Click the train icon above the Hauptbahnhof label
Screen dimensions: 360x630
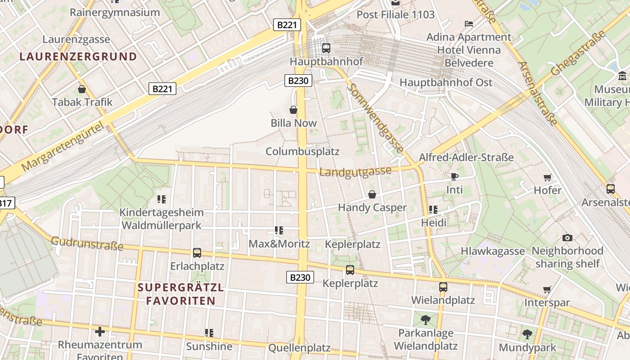click(x=326, y=48)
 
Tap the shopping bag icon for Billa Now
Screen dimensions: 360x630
click(x=293, y=110)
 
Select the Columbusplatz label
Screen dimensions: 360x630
click(x=302, y=151)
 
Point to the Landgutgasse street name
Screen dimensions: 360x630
click(x=355, y=171)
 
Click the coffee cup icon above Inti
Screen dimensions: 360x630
click(x=454, y=176)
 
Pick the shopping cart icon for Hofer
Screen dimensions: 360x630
click(x=548, y=177)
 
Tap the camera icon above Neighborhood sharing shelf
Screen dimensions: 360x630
click(x=567, y=238)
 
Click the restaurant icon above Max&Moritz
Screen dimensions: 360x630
click(x=279, y=231)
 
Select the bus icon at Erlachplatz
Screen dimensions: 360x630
click(x=197, y=253)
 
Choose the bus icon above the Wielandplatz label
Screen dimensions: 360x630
click(x=443, y=287)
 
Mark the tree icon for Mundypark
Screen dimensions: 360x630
click(x=527, y=334)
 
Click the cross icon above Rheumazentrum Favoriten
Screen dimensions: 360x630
click(x=100, y=332)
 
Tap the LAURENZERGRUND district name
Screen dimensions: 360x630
click(x=78, y=57)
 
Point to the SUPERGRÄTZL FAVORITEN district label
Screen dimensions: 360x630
click(x=180, y=294)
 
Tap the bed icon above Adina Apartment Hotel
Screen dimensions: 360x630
click(x=468, y=23)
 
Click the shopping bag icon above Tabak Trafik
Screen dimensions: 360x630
click(x=82, y=89)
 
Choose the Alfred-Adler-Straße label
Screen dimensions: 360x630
click(x=466, y=157)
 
